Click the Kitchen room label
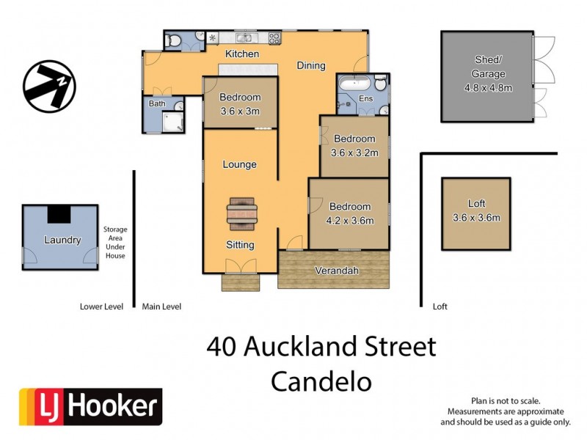[x=242, y=54]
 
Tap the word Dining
[x=311, y=66]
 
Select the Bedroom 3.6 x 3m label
[x=240, y=104]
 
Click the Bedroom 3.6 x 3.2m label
[x=354, y=146]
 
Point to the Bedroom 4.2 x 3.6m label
[x=349, y=213]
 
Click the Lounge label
[x=240, y=164]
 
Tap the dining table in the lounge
[x=241, y=213]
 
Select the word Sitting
[x=240, y=245]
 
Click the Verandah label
[x=337, y=271]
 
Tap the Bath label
[x=158, y=104]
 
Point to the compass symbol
[x=49, y=87]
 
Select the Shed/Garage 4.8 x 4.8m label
[x=488, y=74]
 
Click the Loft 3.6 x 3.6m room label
[x=476, y=210]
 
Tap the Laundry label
[x=62, y=240]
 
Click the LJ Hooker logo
[x=90, y=407]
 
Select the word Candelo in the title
[x=321, y=381]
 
